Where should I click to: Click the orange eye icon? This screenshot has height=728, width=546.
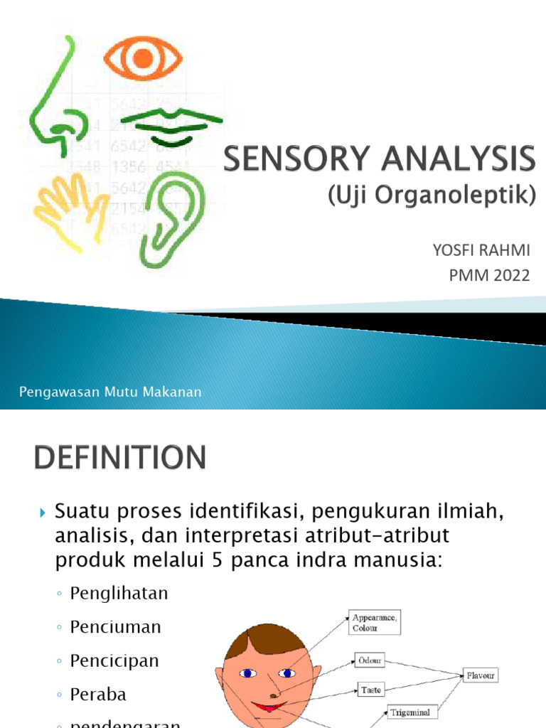pyautogui.click(x=143, y=58)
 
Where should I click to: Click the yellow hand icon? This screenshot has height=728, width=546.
pyautogui.click(x=65, y=205)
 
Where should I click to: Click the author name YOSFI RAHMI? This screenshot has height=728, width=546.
pyautogui.click(x=482, y=251)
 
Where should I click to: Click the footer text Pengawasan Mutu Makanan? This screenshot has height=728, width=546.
pyautogui.click(x=110, y=392)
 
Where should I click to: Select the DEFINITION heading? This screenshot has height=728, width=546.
pyautogui.click(x=119, y=457)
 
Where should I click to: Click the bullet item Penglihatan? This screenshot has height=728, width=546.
pyautogui.click(x=119, y=593)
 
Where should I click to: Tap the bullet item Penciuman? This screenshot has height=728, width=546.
pyautogui.click(x=115, y=626)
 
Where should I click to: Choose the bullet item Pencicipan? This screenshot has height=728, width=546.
pyautogui.click(x=114, y=660)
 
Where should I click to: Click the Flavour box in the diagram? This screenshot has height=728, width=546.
pyautogui.click(x=481, y=675)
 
